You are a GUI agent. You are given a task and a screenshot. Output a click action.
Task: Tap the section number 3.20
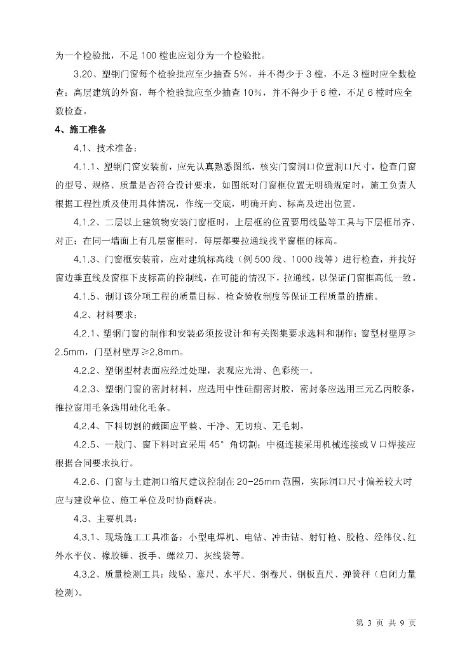click(x=86, y=75)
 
